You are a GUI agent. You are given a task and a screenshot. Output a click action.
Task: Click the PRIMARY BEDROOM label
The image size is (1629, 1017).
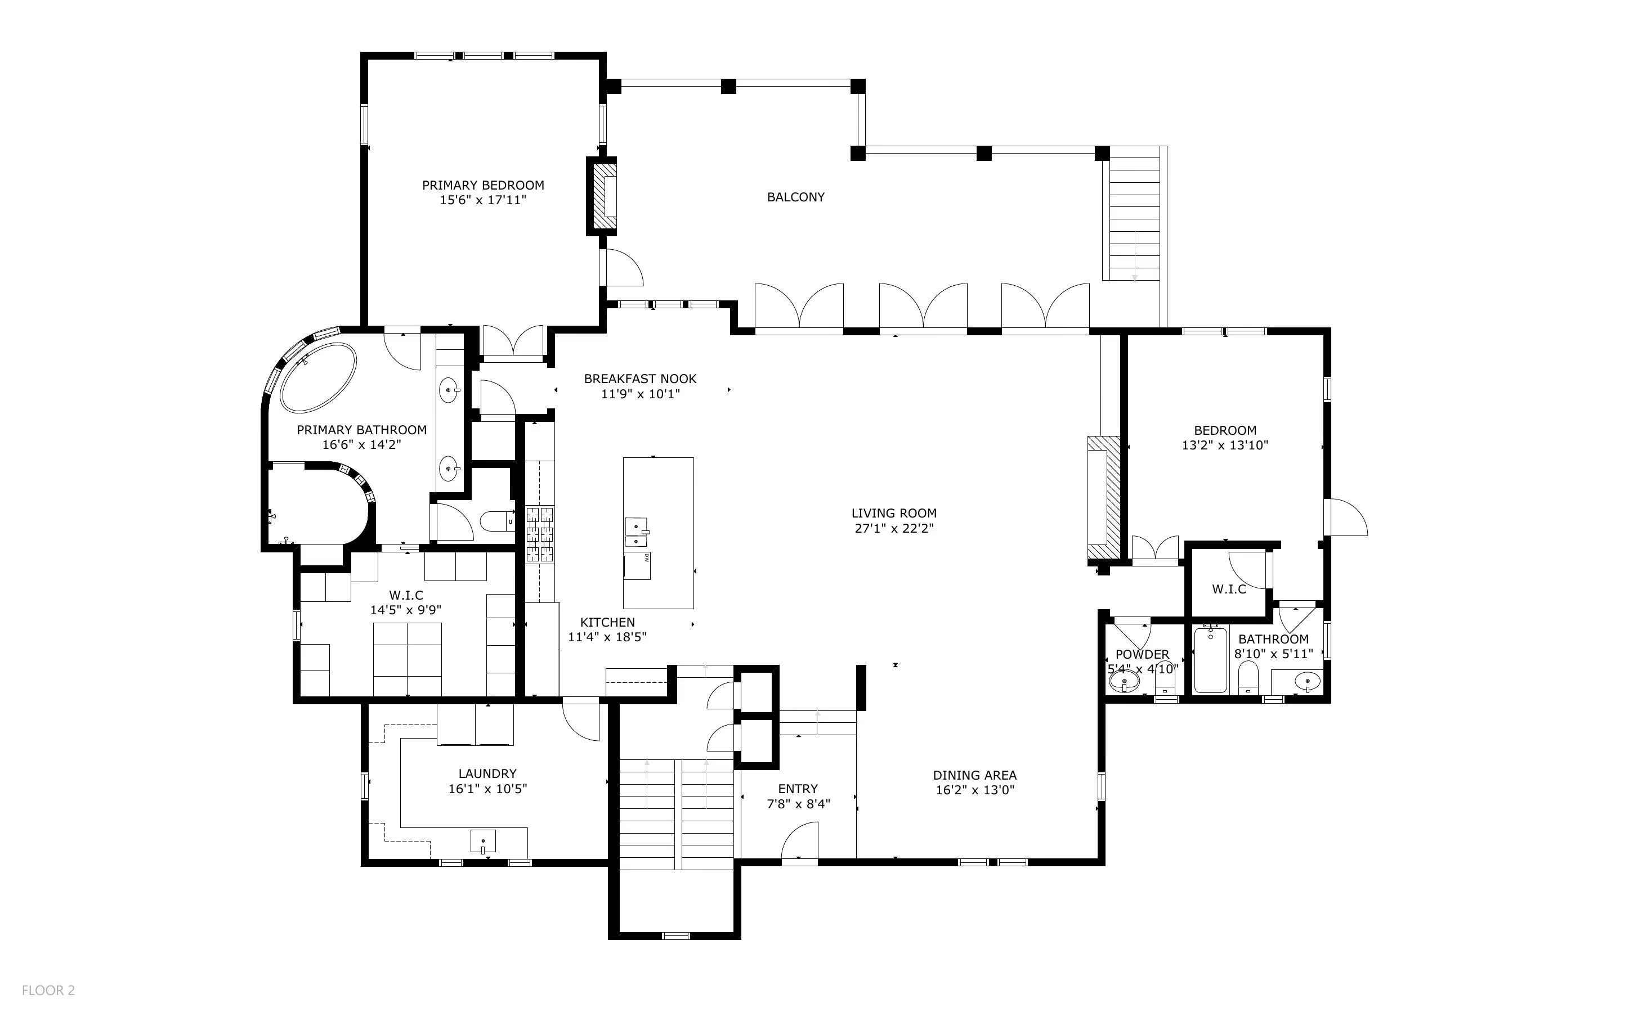(x=482, y=185)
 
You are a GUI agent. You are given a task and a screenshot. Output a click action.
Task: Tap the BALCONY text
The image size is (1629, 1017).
(x=795, y=197)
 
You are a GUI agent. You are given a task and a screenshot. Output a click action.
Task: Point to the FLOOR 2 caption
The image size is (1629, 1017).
(x=48, y=990)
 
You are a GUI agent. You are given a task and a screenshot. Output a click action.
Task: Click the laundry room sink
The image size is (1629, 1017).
(x=482, y=842)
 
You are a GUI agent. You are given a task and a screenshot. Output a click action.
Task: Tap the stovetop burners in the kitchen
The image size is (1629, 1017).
(x=540, y=535)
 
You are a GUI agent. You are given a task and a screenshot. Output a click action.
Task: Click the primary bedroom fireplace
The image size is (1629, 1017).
(x=603, y=196)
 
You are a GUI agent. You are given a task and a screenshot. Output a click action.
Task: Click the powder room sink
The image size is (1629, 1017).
(x=1124, y=683)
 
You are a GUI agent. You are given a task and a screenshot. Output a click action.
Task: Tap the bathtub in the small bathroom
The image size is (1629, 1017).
(x=1210, y=660)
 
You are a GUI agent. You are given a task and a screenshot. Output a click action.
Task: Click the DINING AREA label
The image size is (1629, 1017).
(x=974, y=775)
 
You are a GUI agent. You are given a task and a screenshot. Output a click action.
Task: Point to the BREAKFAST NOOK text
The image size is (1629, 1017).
(x=640, y=379)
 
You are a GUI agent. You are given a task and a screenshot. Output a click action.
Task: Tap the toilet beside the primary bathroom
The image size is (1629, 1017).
(x=496, y=521)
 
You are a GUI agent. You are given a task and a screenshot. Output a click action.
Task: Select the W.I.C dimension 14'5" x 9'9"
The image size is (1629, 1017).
(x=405, y=610)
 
